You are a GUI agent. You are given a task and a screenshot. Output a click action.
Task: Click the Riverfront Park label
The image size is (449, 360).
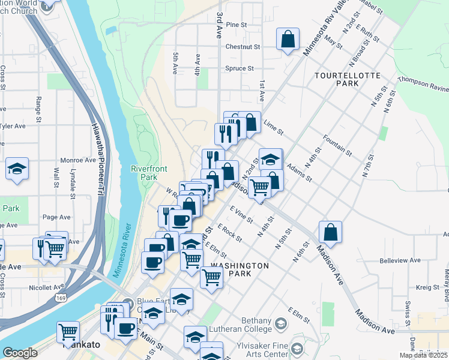pos(144,173)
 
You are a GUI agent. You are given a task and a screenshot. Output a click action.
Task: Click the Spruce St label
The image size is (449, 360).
pos(240,68)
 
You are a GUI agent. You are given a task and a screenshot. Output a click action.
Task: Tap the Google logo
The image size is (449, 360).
pos(20,353)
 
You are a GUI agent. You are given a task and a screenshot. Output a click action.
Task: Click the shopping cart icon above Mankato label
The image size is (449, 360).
pos(68,331)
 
